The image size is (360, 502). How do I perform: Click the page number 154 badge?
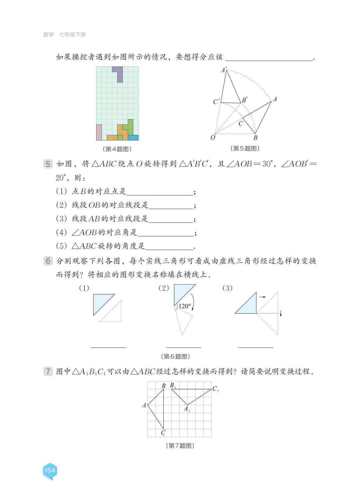(50, 470)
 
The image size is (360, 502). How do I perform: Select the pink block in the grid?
(99, 132)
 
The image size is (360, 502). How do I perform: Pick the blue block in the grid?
(133, 137)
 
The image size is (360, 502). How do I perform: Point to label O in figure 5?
(213, 137)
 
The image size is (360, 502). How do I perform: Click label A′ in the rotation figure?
(224, 70)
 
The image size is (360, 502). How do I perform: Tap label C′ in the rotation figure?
(216, 102)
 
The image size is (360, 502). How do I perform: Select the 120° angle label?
(185, 306)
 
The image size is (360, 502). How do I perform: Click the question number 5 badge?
(48, 164)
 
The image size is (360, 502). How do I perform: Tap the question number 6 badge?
(48, 261)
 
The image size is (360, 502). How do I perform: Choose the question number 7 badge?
(48, 371)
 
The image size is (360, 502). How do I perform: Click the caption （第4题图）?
(117, 149)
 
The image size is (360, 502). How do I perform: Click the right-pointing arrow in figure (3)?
(263, 297)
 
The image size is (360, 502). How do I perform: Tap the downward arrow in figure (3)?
(281, 313)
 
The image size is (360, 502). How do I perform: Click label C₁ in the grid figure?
(215, 389)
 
